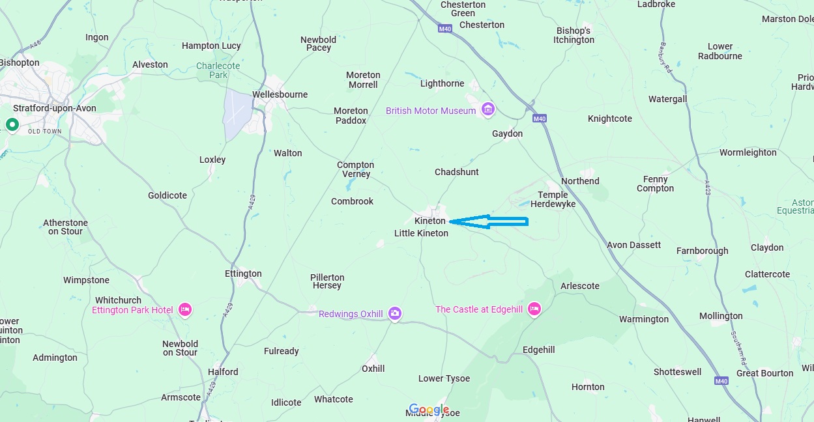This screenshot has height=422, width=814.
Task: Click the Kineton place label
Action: (429, 221)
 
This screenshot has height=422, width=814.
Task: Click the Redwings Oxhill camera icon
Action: (394, 314)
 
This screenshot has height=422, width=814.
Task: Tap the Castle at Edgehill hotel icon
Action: (534, 309)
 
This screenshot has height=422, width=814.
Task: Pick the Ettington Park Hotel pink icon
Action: (184, 310)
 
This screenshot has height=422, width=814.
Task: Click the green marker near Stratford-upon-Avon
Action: (12, 124)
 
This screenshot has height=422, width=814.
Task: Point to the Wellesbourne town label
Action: (280, 94)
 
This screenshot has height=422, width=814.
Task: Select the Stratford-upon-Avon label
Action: (55, 109)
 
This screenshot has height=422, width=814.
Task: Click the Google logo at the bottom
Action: (429, 410)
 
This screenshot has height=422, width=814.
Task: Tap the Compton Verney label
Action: (355, 169)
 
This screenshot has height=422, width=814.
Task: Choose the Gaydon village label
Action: (507, 134)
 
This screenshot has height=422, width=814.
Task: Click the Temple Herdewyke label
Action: (553, 199)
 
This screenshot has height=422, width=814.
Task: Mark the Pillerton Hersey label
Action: (327, 281)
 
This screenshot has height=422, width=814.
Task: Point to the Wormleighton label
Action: (748, 152)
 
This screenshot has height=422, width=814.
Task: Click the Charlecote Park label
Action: (218, 70)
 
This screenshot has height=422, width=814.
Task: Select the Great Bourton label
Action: (764, 373)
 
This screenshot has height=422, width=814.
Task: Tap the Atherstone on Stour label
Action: (65, 227)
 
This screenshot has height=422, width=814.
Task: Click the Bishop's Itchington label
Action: (574, 35)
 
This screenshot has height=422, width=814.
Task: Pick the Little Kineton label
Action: (421, 233)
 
